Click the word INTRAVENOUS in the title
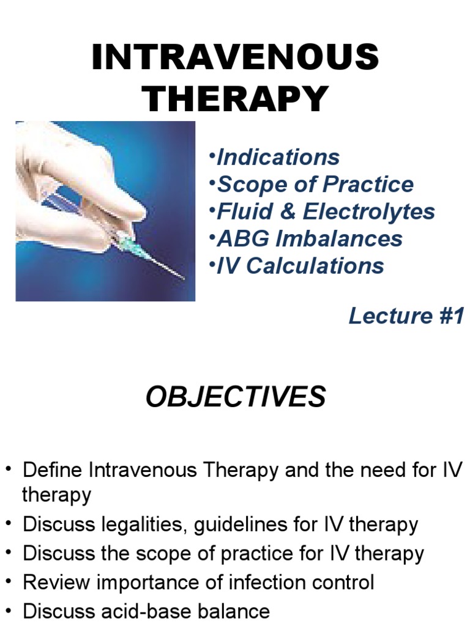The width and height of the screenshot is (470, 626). coord(235,58)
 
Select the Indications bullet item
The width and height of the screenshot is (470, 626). coord(278,157)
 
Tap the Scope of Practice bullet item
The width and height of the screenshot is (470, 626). coord(315,184)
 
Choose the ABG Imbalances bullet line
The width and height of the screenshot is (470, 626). coord(310,238)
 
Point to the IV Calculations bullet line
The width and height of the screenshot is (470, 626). coord(300,265)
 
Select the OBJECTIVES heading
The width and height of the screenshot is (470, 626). coord(235,398)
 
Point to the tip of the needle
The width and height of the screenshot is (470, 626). coord(184,279)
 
